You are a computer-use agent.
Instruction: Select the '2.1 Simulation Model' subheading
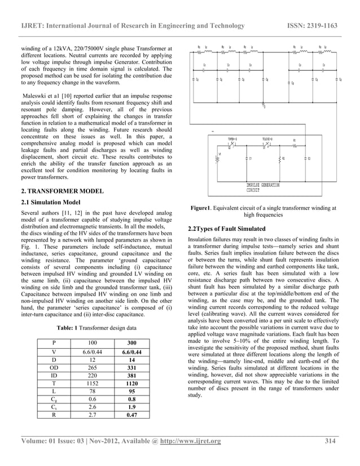(50, 202)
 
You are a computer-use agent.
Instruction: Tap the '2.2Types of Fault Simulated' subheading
(225, 228)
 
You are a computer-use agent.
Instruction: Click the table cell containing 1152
(91, 382)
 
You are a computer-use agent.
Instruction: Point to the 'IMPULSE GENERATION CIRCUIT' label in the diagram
(263, 187)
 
